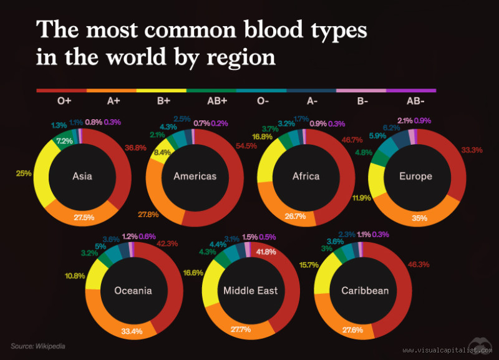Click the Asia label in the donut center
click(x=82, y=176)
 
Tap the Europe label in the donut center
click(x=415, y=176)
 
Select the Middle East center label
click(x=250, y=291)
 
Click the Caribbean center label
click(x=365, y=291)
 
